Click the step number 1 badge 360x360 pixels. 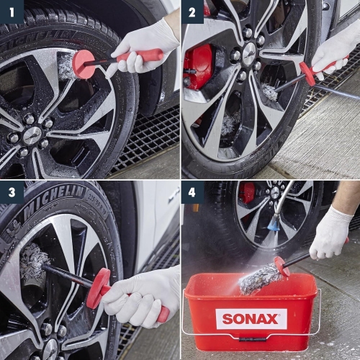(12, 12)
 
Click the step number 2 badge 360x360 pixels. (192, 12)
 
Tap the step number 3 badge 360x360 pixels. (12, 192)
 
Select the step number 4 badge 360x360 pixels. (192, 192)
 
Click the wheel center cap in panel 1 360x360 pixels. (32, 134)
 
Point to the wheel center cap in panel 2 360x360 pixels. (249, 53)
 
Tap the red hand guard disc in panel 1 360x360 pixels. (83, 63)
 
